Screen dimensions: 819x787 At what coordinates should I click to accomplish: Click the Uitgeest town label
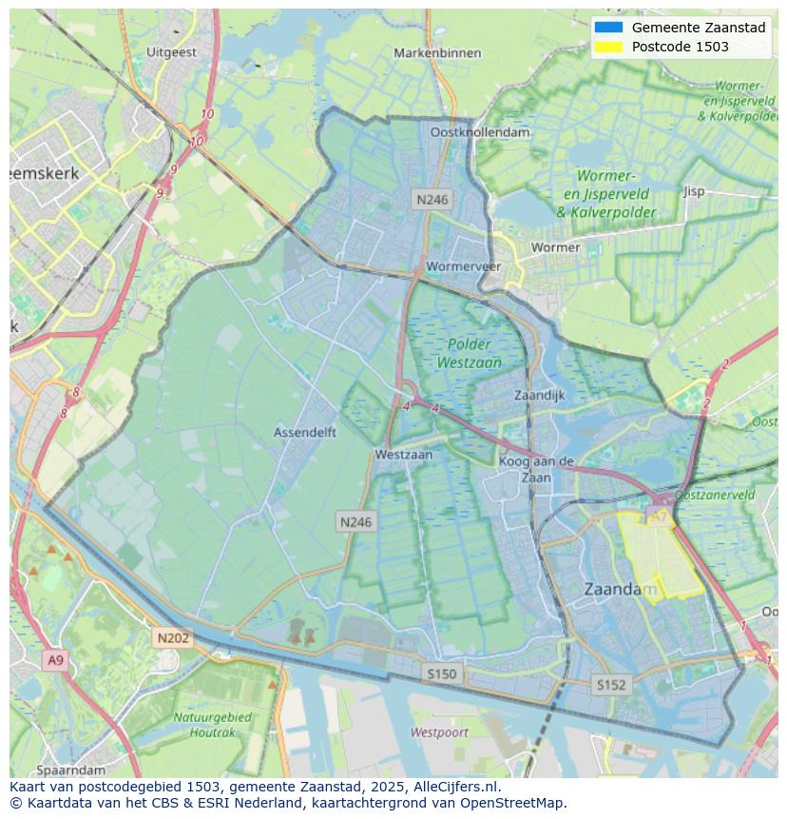click(x=172, y=52)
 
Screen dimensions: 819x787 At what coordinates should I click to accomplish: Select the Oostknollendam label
click(x=480, y=132)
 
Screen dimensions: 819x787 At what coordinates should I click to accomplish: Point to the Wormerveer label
click(x=464, y=266)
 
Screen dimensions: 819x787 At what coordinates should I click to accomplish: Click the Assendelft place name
click(x=305, y=432)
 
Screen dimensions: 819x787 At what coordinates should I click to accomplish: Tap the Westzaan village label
click(x=403, y=455)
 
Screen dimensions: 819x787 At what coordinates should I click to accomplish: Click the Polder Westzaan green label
click(x=469, y=353)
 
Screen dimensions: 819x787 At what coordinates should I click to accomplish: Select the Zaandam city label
click(x=620, y=590)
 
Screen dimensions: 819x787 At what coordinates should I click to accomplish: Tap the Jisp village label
click(x=694, y=191)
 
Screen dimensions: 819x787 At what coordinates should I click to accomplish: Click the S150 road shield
click(x=441, y=673)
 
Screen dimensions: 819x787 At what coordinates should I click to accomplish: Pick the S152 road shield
click(x=610, y=684)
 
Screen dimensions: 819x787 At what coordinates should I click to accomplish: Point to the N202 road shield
click(x=173, y=638)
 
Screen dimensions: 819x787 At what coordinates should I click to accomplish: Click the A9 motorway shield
click(x=55, y=660)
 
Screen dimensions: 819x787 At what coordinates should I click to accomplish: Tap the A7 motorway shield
click(x=658, y=517)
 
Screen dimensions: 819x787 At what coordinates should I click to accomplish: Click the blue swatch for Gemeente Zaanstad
click(x=608, y=28)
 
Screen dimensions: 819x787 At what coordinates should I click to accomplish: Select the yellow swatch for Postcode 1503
click(x=608, y=47)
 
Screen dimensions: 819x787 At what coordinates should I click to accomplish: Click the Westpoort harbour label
click(x=439, y=732)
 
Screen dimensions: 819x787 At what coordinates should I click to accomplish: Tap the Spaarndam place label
click(x=71, y=769)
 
